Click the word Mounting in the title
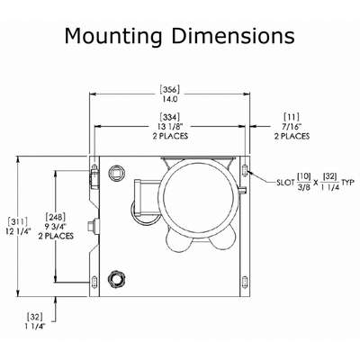click(x=113, y=37)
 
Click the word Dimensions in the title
click(x=233, y=36)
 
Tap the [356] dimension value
click(x=170, y=90)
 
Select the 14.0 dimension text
click(x=170, y=99)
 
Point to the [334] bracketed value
click(x=170, y=117)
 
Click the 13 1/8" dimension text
click(x=170, y=126)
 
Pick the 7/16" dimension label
click(x=292, y=126)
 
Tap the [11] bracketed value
click(x=292, y=117)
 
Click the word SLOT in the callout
click(x=285, y=183)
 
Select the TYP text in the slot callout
click(x=348, y=182)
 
